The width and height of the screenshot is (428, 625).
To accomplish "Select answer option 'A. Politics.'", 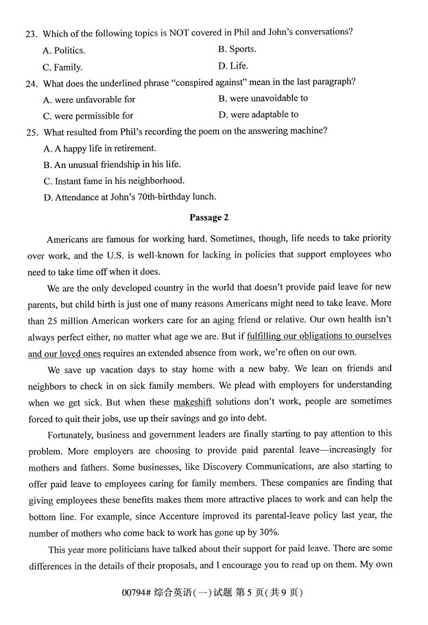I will coord(64,51).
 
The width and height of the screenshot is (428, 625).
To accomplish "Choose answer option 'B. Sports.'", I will coord(237,49).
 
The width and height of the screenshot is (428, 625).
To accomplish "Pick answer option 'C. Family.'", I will coord(62,67).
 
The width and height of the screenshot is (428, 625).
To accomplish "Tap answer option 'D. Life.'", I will coord(233,67).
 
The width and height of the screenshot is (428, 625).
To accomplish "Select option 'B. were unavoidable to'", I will coord(263,99).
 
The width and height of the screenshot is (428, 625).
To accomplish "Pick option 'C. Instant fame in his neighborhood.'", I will coord(114,181).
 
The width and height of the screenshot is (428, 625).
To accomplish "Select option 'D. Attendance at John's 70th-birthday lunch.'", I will coord(130,197).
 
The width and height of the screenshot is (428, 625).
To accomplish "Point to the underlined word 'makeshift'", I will coord(192,401).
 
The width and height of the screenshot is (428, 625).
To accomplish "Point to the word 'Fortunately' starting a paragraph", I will coord(73,434).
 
